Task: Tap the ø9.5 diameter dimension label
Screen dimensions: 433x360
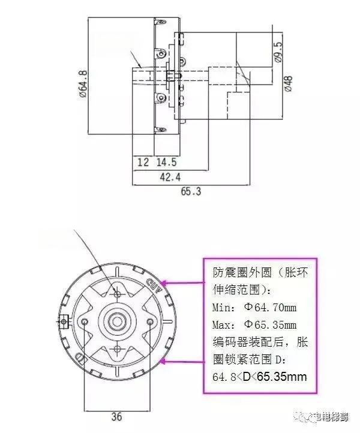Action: pyautogui.click(x=278, y=52)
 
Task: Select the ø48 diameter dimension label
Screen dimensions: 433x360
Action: pyautogui.click(x=288, y=83)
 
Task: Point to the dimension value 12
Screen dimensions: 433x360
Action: pyautogui.click(x=143, y=162)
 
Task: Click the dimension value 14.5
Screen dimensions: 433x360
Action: pyautogui.click(x=166, y=162)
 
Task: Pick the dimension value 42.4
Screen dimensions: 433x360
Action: pyautogui.click(x=169, y=177)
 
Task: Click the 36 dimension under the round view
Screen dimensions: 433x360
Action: pyautogui.click(x=118, y=416)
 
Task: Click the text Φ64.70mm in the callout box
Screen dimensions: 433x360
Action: pyautogui.click(x=272, y=308)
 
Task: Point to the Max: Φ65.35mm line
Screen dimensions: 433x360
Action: pyautogui.click(x=255, y=325)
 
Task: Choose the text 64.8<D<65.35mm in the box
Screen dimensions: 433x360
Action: pyautogui.click(x=260, y=377)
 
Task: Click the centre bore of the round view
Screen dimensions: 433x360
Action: pyautogui.click(x=118, y=321)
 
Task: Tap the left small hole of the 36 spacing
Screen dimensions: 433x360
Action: pyautogui.click(x=88, y=322)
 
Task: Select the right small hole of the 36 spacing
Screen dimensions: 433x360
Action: pyautogui.click(x=149, y=322)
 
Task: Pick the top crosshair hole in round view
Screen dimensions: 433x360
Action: pyautogui.click(x=118, y=293)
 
